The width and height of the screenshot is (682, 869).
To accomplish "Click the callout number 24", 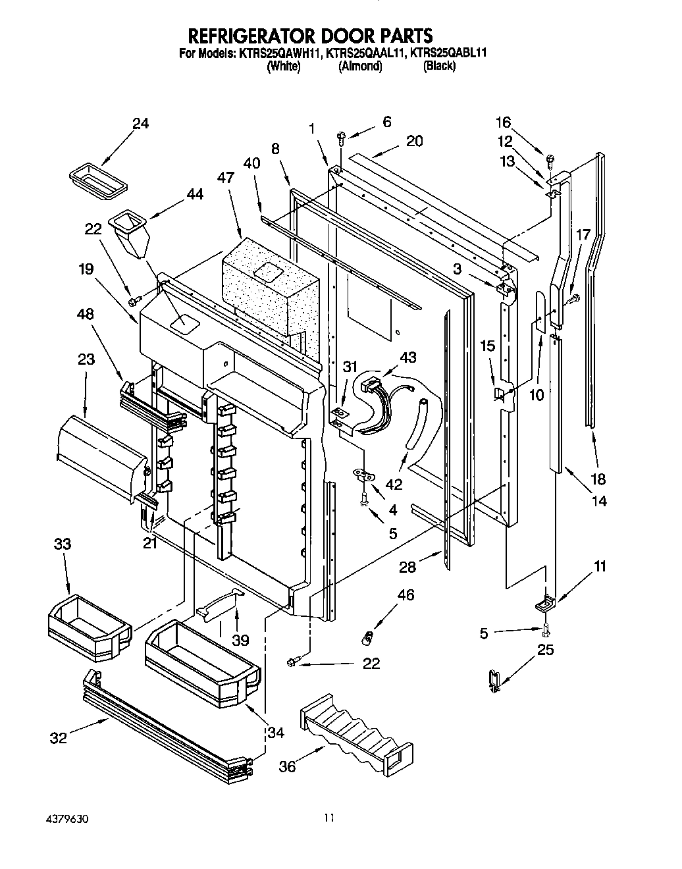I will pyautogui.click(x=140, y=123).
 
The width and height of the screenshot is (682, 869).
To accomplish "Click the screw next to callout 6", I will pyautogui.click(x=341, y=136).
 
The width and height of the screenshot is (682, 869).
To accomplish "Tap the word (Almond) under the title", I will pyautogui.click(x=359, y=66).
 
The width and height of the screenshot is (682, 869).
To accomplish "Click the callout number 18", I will pyautogui.click(x=598, y=479).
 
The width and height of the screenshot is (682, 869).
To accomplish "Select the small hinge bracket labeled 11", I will pyautogui.click(x=546, y=602).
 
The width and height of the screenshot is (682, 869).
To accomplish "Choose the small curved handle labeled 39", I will pyautogui.click(x=217, y=604).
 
